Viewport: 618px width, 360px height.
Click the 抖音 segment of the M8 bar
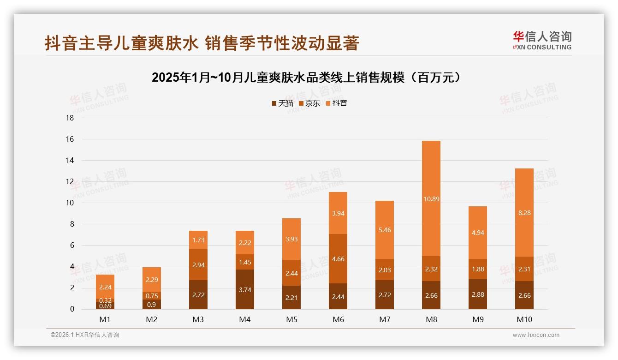(431, 198)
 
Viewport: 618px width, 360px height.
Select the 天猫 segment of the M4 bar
(245, 289)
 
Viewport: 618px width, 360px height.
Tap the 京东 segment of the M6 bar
(338, 258)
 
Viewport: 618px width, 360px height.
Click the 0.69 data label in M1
(105, 306)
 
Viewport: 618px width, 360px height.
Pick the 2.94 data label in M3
(198, 264)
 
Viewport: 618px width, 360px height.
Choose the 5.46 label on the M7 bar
(385, 230)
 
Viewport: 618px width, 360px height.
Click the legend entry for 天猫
(282, 103)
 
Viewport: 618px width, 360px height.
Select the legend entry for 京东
(309, 103)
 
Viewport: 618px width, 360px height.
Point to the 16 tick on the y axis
(70, 139)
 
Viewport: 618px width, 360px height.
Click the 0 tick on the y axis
(71, 309)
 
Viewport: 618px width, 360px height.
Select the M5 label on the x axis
(291, 319)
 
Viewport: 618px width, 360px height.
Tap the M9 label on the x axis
(477, 319)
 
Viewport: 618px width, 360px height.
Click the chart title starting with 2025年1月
(307, 78)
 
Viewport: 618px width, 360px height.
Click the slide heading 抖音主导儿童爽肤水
(202, 43)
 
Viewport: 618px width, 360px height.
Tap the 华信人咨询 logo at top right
(542, 41)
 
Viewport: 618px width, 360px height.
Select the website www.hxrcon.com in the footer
(536, 335)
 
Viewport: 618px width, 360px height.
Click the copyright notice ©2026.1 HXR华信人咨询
(85, 335)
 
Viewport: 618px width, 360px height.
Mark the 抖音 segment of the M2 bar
(152, 279)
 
